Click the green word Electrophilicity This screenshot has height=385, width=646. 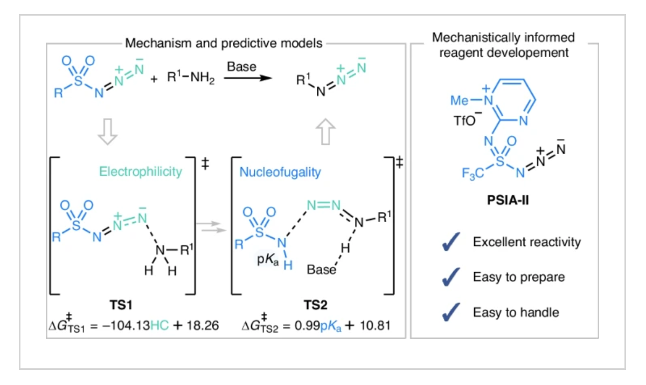click(x=141, y=171)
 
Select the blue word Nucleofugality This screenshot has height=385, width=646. click(x=280, y=173)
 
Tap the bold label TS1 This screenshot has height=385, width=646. click(x=121, y=305)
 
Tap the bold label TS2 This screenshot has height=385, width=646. click(x=316, y=305)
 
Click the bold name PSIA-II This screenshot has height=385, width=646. click(x=508, y=201)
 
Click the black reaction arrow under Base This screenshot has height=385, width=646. click(x=248, y=78)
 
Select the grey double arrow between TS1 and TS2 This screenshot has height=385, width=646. click(x=211, y=226)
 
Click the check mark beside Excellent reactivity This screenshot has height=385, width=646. click(x=451, y=242)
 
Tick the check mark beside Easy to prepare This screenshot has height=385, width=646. click(x=451, y=277)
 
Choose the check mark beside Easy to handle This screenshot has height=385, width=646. click(x=451, y=312)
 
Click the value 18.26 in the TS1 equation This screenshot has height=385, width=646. click(x=202, y=326)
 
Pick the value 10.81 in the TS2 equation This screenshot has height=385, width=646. click(x=375, y=326)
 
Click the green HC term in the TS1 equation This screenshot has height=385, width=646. click(x=159, y=326)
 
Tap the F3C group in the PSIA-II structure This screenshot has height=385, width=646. click(x=473, y=174)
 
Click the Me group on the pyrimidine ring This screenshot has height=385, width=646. click(x=460, y=100)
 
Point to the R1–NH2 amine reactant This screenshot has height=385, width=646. click(x=191, y=77)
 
